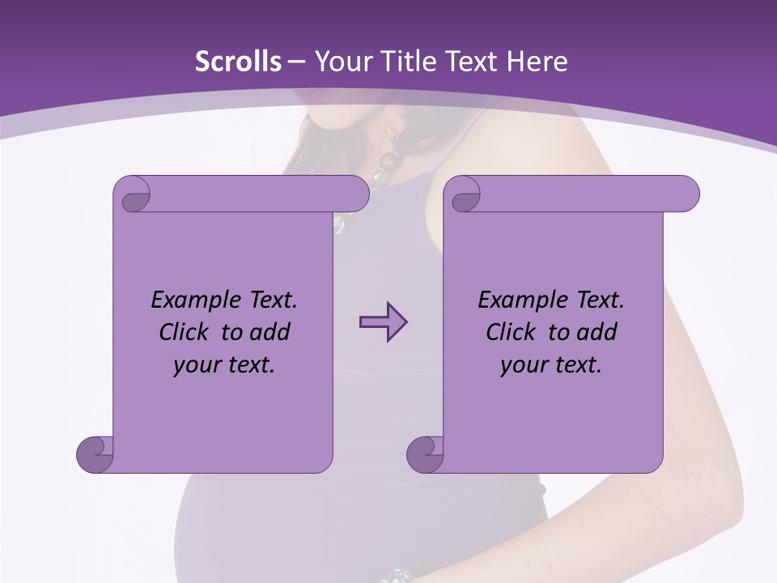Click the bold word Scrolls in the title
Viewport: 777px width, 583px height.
pyautogui.click(x=238, y=62)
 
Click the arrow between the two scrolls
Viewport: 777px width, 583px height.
pyautogui.click(x=383, y=322)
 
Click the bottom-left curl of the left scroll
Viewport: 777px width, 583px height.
pyautogui.click(x=96, y=453)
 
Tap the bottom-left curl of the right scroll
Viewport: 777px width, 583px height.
pyautogui.click(x=425, y=453)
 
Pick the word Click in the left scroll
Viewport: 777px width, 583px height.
pyautogui.click(x=185, y=332)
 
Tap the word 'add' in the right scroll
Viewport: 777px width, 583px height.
pyautogui.click(x=597, y=332)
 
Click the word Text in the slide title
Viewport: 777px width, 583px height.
pyautogui.click(x=469, y=62)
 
